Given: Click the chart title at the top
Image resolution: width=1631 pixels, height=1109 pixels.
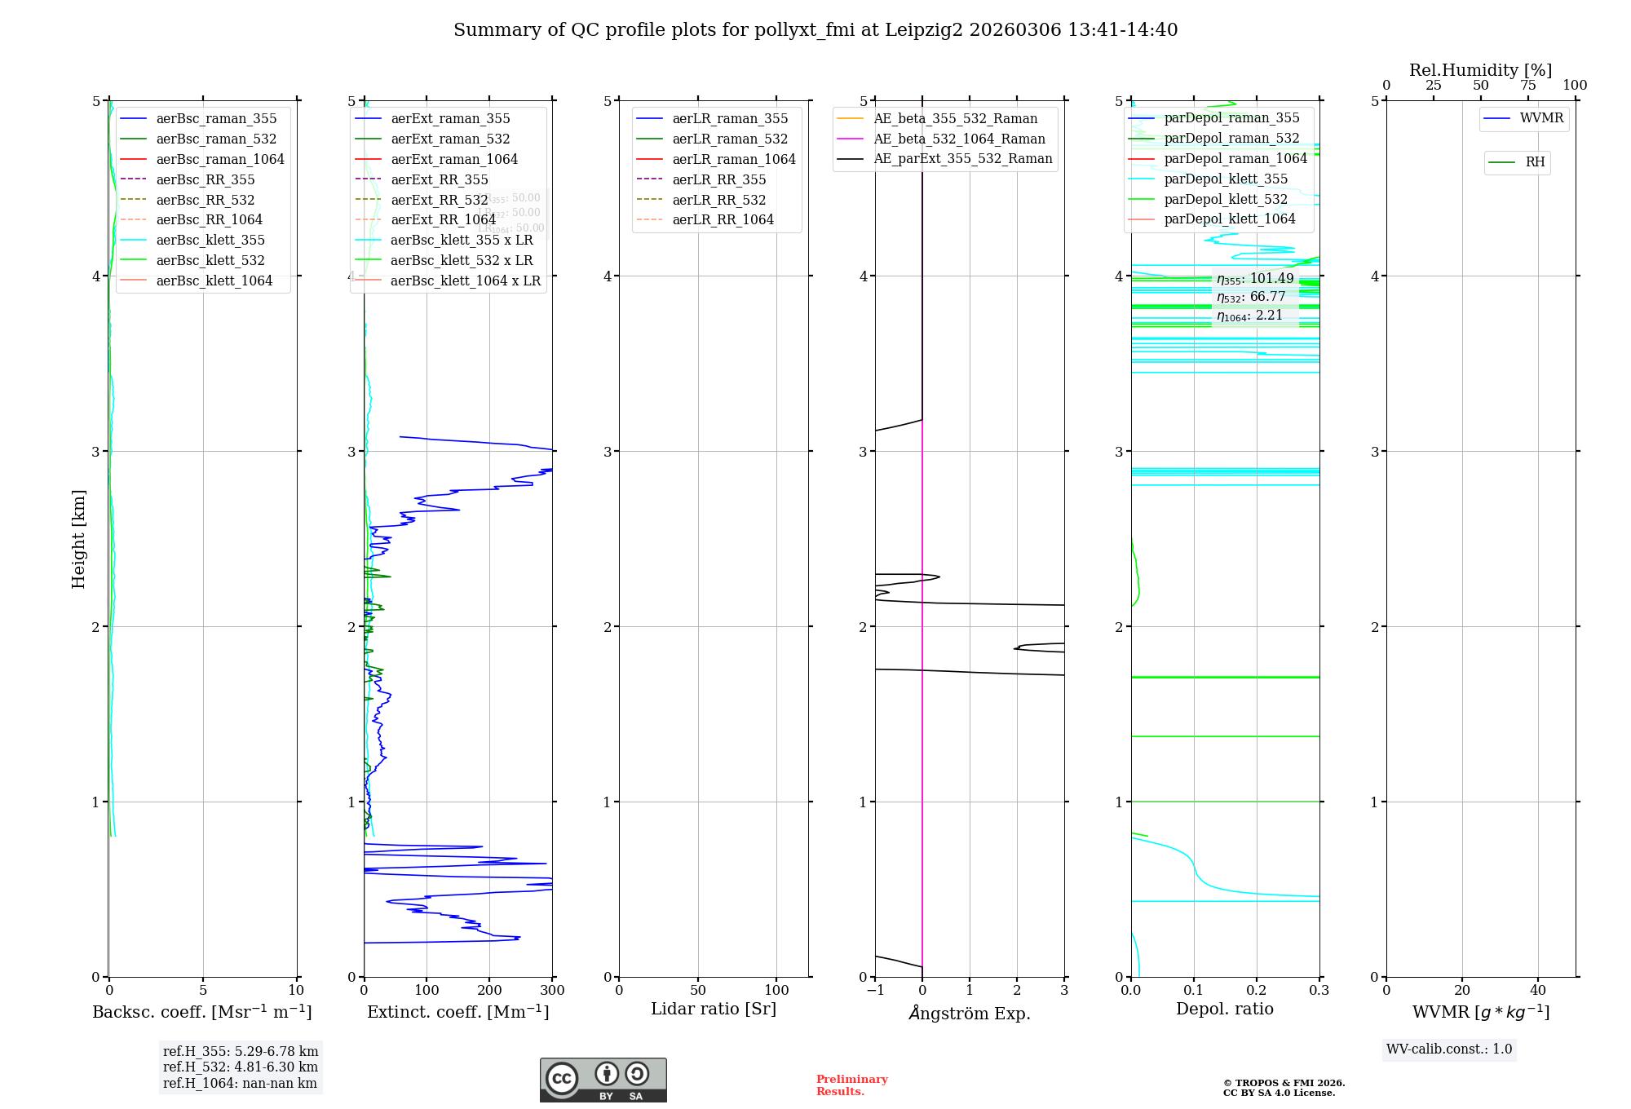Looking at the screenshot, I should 815,30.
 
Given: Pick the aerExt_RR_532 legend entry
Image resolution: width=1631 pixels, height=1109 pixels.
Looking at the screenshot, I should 439,200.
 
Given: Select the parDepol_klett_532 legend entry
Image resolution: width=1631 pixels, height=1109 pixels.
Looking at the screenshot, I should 1226,199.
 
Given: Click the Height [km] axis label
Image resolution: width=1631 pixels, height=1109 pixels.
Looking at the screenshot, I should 78,538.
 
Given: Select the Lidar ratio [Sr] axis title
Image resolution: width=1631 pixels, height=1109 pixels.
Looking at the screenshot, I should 714,1009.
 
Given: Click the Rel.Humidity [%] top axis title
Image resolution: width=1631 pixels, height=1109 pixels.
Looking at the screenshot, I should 1480,70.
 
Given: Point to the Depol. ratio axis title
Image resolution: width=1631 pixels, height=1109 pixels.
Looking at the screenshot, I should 1224,1009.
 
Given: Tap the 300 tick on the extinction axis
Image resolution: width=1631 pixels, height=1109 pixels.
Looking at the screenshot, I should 552,990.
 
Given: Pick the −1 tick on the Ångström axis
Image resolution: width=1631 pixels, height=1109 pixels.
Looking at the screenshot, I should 875,990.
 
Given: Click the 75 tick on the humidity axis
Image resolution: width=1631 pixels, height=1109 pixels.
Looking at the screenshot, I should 1527,86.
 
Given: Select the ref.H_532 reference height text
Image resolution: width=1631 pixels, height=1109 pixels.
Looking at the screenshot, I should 241,1067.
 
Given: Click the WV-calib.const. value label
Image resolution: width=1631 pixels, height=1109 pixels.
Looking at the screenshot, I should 1449,1049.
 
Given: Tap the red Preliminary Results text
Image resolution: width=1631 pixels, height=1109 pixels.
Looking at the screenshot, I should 851,1085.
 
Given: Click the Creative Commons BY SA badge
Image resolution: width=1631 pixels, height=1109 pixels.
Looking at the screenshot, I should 603,1080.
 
